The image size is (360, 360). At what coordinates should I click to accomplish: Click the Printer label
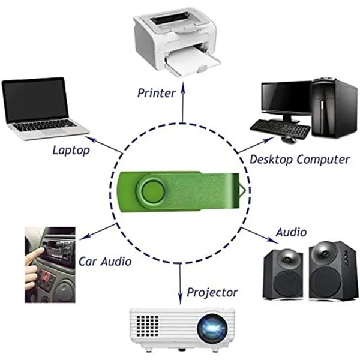156,93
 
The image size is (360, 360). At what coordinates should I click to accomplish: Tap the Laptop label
71,150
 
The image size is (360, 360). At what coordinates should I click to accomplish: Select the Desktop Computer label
299,160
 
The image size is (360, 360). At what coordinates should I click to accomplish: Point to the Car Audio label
105,262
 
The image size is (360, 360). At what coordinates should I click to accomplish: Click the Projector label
212,293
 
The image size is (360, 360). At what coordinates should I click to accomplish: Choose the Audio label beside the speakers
291,232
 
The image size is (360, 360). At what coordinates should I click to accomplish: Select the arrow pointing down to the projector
181,285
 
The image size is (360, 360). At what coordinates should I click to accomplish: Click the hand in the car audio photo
32,266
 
